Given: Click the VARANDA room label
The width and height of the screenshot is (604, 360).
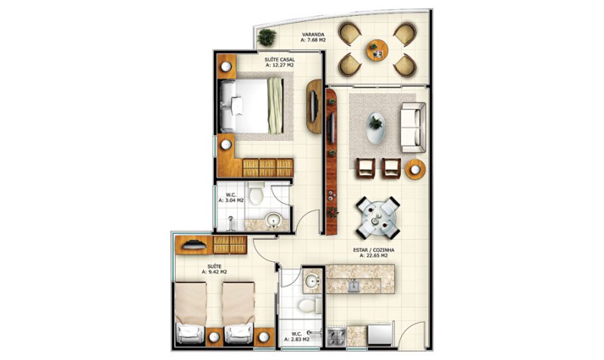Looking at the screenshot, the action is (313, 34).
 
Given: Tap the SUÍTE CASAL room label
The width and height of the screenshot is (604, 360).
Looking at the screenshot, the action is (279, 60).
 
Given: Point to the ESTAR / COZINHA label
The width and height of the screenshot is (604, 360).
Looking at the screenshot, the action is (374, 250).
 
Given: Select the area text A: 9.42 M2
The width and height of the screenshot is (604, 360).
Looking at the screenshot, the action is (214, 272).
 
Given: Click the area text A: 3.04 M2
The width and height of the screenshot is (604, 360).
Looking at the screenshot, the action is (231, 200).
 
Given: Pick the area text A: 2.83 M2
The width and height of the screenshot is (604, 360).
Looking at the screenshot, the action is (297, 340).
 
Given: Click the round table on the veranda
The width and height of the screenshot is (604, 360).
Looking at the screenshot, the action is (377, 50).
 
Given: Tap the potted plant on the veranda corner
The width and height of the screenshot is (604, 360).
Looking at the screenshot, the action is (267, 37).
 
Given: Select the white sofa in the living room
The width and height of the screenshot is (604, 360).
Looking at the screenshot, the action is (413, 128).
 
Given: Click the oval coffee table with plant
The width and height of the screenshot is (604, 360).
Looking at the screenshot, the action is (375, 128).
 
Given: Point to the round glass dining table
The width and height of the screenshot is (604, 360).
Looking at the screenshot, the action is (377, 218).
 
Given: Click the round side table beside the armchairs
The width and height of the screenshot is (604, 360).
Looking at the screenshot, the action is (415, 169).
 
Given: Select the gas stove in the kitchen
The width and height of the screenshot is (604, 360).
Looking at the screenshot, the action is (336, 337).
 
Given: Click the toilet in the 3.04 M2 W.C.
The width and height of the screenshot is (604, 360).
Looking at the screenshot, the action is (256, 194).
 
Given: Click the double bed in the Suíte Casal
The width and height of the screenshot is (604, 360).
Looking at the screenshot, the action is (251, 106).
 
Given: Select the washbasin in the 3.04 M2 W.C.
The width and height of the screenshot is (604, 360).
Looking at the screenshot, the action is (274, 220).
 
